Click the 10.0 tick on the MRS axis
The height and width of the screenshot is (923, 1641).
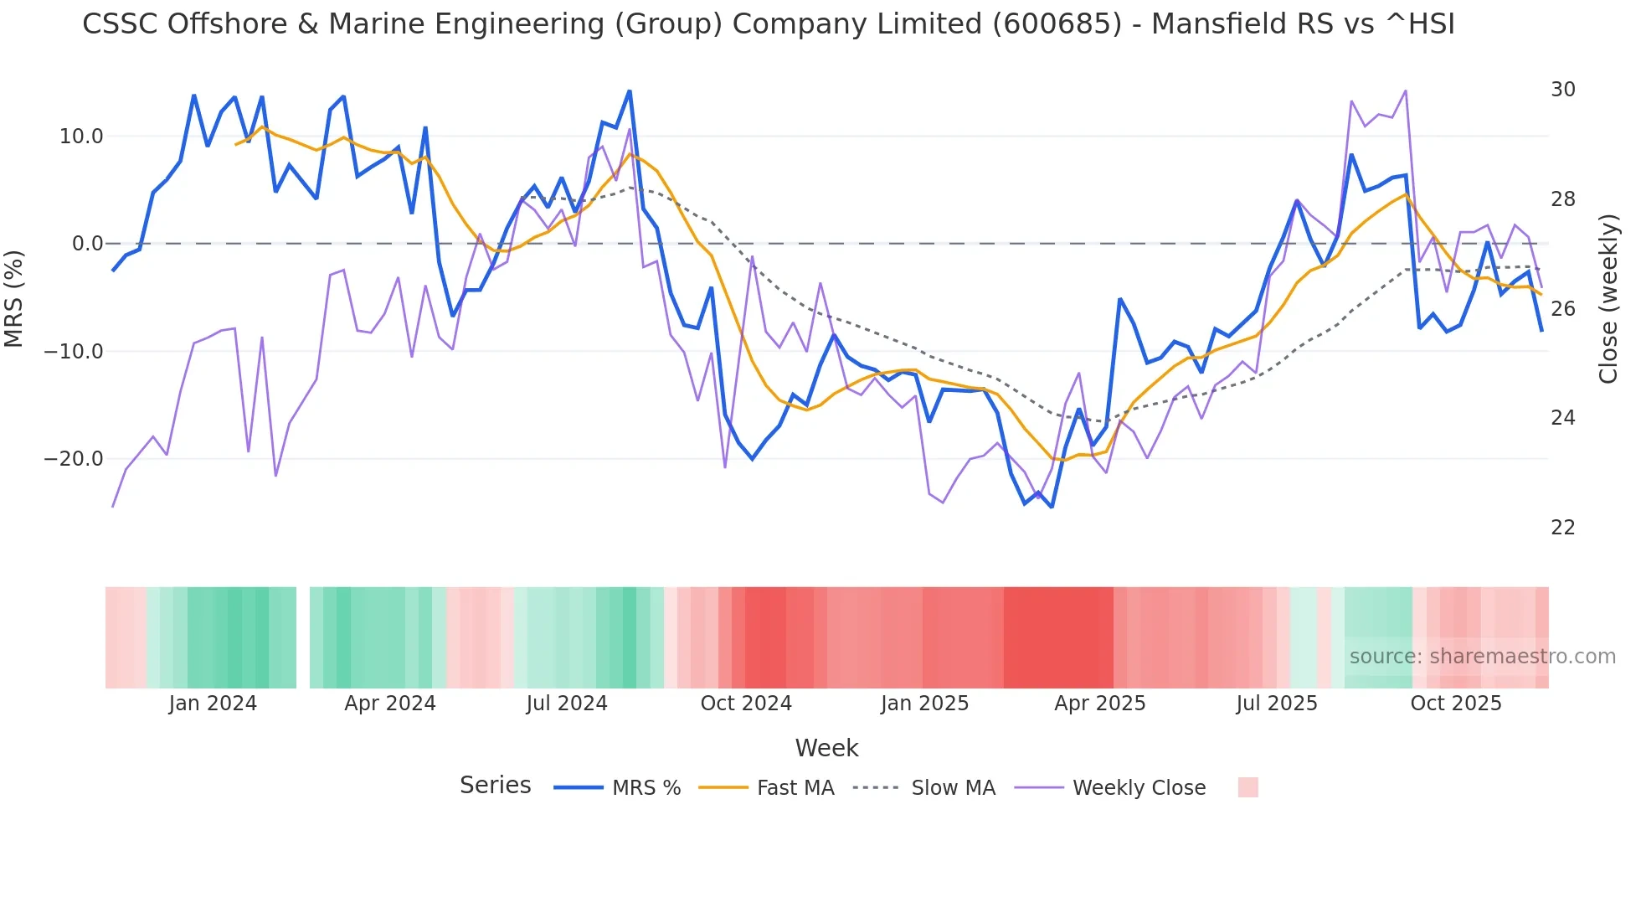[x=80, y=137]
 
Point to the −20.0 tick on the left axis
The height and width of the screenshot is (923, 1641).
[x=74, y=459]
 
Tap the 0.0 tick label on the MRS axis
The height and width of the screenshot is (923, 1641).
[x=87, y=244]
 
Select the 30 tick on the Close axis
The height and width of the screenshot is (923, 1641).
[x=1562, y=90]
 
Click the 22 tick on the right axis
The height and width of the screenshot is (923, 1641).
[x=1562, y=528]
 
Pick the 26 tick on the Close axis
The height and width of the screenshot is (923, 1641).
[x=1562, y=309]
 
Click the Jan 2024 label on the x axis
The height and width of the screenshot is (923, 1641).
[x=213, y=704]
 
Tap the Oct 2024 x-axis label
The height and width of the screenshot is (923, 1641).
[x=745, y=704]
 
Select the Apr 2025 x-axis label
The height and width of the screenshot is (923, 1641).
[x=1099, y=704]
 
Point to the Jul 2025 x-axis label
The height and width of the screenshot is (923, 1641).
[x=1276, y=704]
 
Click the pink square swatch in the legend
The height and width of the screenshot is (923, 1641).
[x=1247, y=787]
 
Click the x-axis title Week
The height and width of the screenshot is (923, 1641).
[x=826, y=748]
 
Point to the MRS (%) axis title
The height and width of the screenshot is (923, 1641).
[x=14, y=298]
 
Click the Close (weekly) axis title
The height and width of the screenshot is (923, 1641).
[x=1608, y=299]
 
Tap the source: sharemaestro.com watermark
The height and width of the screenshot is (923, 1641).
[x=1482, y=657]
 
